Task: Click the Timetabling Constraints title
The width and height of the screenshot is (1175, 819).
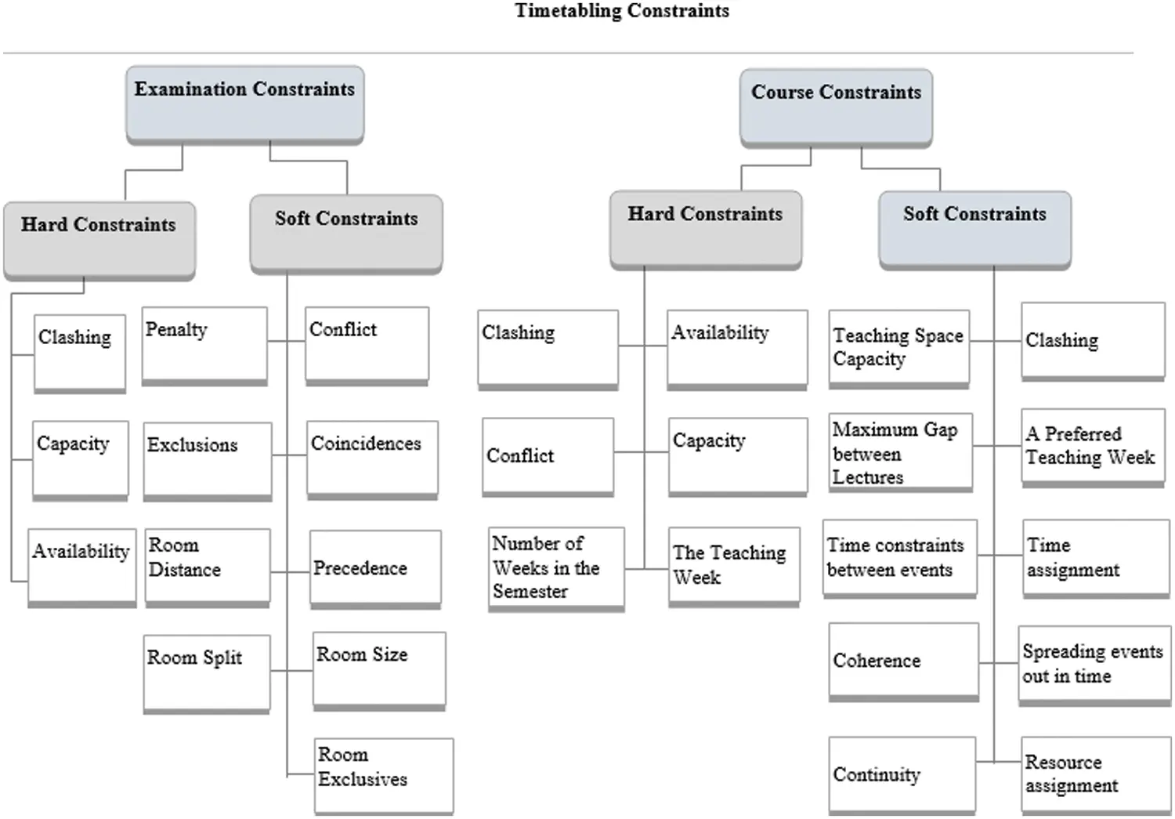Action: click(x=622, y=11)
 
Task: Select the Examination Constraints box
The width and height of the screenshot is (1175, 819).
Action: click(x=244, y=103)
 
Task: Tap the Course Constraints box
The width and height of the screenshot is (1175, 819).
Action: click(x=836, y=107)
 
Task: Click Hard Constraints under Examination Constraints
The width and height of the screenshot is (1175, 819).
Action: click(x=99, y=239)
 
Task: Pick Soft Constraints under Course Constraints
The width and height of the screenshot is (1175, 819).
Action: click(x=974, y=229)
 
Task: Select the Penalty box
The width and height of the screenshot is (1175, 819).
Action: click(x=204, y=345)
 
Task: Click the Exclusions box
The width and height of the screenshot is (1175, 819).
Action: click(x=208, y=460)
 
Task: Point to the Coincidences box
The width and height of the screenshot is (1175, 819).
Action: click(x=372, y=458)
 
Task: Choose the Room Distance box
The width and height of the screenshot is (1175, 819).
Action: click(x=208, y=567)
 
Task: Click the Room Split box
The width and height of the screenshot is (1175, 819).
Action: click(x=207, y=672)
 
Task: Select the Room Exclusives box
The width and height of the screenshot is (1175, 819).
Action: click(x=384, y=774)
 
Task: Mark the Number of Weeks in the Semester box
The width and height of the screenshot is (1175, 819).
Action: click(x=556, y=568)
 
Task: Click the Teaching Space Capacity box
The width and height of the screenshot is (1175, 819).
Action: click(x=898, y=348)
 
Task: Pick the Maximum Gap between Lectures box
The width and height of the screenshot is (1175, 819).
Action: click(x=901, y=452)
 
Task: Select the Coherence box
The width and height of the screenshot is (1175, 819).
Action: click(x=903, y=661)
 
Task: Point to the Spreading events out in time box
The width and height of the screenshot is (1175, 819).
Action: click(x=1093, y=665)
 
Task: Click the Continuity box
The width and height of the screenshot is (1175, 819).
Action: click(x=902, y=774)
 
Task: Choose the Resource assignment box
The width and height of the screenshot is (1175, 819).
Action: click(x=1093, y=774)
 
